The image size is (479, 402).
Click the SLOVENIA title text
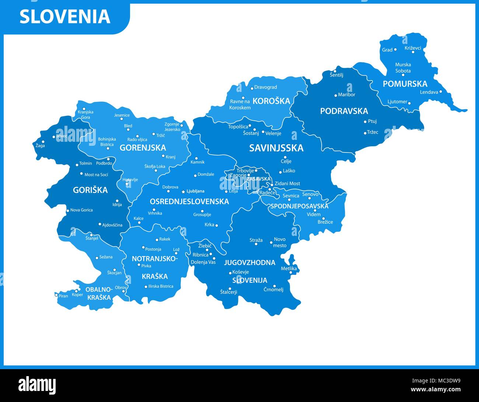pyautogui.click(x=65, y=17)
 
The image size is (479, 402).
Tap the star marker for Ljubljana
pyautogui.click(x=183, y=192)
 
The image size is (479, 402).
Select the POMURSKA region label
pyautogui.click(x=405, y=84)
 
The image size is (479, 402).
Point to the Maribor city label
pyautogui.click(x=346, y=95)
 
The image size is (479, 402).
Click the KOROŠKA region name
pyautogui.click(x=271, y=101)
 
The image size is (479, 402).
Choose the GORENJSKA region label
pyautogui.click(x=143, y=148)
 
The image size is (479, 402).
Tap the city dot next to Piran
pyautogui.click(x=56, y=295)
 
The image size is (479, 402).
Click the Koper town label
pyautogui.click(x=77, y=295)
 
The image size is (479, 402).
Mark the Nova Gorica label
pyautogui.click(x=81, y=210)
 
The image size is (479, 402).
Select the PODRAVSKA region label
pyautogui.click(x=344, y=111)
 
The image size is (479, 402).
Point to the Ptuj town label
pyautogui.click(x=372, y=121)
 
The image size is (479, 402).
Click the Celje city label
pyautogui.click(x=286, y=161)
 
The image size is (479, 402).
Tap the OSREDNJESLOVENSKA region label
pyautogui.click(x=189, y=202)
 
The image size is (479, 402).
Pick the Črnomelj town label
pyautogui.click(x=273, y=290)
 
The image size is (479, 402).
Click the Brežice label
pyautogui.click(x=325, y=222)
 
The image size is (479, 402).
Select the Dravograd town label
pyautogui.click(x=265, y=87)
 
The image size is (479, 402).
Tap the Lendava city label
pyautogui.click(x=429, y=92)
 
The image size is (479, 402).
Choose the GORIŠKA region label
pyautogui.click(x=90, y=190)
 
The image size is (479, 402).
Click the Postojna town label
pyautogui.click(x=153, y=249)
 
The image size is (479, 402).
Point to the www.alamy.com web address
pyautogui.click(x=436, y=389)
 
